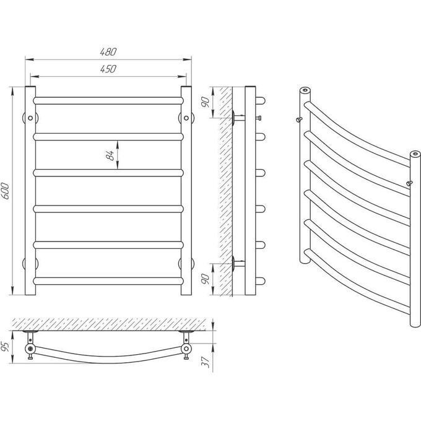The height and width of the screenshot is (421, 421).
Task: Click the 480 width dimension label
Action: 108,52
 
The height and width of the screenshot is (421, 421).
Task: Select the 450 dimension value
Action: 108,69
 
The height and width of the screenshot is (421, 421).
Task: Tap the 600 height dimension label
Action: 6,191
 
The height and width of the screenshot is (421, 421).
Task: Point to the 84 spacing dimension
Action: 110,155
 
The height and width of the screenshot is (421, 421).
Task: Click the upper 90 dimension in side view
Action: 206,102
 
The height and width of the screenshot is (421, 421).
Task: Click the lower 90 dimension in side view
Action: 206,279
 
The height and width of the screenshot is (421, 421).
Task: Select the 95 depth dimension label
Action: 6,346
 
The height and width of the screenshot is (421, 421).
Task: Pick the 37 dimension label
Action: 206,362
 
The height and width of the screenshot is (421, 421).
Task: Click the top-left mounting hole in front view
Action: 30,118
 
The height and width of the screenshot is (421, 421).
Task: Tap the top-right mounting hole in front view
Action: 186,118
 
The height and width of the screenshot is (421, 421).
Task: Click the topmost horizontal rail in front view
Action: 108,101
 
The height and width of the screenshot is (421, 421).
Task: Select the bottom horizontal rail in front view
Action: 108,281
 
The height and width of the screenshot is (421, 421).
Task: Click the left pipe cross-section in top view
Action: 30,349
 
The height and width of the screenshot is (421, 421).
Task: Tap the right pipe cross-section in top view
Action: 186,349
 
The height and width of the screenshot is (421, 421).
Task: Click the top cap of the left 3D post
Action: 305,90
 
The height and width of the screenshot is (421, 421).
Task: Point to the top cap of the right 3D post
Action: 415,154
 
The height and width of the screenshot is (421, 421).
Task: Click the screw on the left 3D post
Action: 299,119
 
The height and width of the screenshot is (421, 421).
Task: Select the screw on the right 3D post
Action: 409,183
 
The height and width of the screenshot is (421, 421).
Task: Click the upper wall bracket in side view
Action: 238,118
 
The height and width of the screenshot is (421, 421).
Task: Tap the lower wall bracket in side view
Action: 238,263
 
